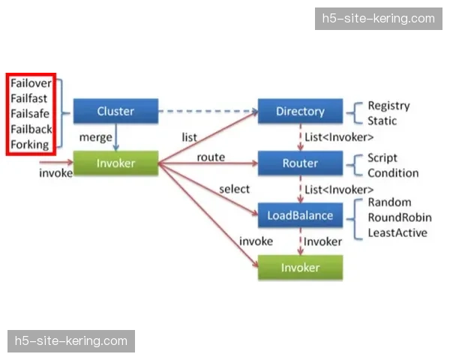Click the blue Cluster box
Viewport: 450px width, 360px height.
[x=115, y=111]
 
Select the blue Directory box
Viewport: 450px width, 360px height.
[x=300, y=111]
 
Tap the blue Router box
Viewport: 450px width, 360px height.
[x=300, y=163]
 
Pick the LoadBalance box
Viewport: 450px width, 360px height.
[x=300, y=216]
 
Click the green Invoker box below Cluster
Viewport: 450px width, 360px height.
[x=115, y=163]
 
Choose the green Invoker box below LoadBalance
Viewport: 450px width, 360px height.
[x=300, y=268]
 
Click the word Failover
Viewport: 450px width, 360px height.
[x=31, y=83]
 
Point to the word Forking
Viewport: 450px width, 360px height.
[x=30, y=145]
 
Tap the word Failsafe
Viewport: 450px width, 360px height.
[x=30, y=114]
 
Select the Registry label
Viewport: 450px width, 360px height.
[x=389, y=106]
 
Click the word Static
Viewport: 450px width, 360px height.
[x=382, y=121]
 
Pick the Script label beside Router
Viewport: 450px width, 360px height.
[x=382, y=158]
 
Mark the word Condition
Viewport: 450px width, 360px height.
[x=393, y=173]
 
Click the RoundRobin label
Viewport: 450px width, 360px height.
[x=400, y=217]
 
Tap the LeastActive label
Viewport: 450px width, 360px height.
[x=397, y=232]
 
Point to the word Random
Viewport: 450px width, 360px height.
[x=389, y=202]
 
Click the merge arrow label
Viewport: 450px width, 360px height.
[x=95, y=138]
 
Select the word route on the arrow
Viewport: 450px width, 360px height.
[x=211, y=157]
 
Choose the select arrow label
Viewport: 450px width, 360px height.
[x=235, y=189]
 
